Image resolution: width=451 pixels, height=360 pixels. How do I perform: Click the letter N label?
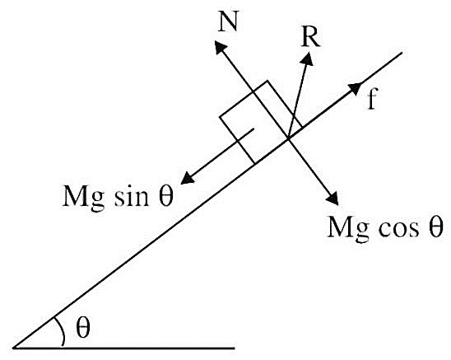point(228,22)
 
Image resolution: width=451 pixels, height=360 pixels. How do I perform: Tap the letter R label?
point(310,38)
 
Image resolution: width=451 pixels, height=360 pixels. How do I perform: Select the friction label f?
point(372,99)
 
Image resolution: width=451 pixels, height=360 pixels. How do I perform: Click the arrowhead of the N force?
point(221,47)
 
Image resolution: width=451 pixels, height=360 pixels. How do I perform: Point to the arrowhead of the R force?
point(308,58)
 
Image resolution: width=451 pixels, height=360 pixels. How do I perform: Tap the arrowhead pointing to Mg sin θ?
point(188,178)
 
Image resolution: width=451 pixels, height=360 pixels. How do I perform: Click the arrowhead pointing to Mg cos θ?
point(332,199)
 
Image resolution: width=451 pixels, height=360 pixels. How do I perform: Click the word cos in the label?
point(398,229)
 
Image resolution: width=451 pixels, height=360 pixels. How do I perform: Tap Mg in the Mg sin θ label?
point(83,199)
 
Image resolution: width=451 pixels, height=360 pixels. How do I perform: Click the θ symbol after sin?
point(166,196)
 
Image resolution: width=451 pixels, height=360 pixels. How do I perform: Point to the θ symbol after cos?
point(435,227)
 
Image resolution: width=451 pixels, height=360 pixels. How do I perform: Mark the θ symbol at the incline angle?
point(83,328)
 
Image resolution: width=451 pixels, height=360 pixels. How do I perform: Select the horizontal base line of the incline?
point(124,348)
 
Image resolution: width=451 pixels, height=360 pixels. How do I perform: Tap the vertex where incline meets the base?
point(13,348)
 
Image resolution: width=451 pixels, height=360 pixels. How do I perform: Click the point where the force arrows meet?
point(288,139)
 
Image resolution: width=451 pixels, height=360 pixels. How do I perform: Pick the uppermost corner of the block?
point(267,81)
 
